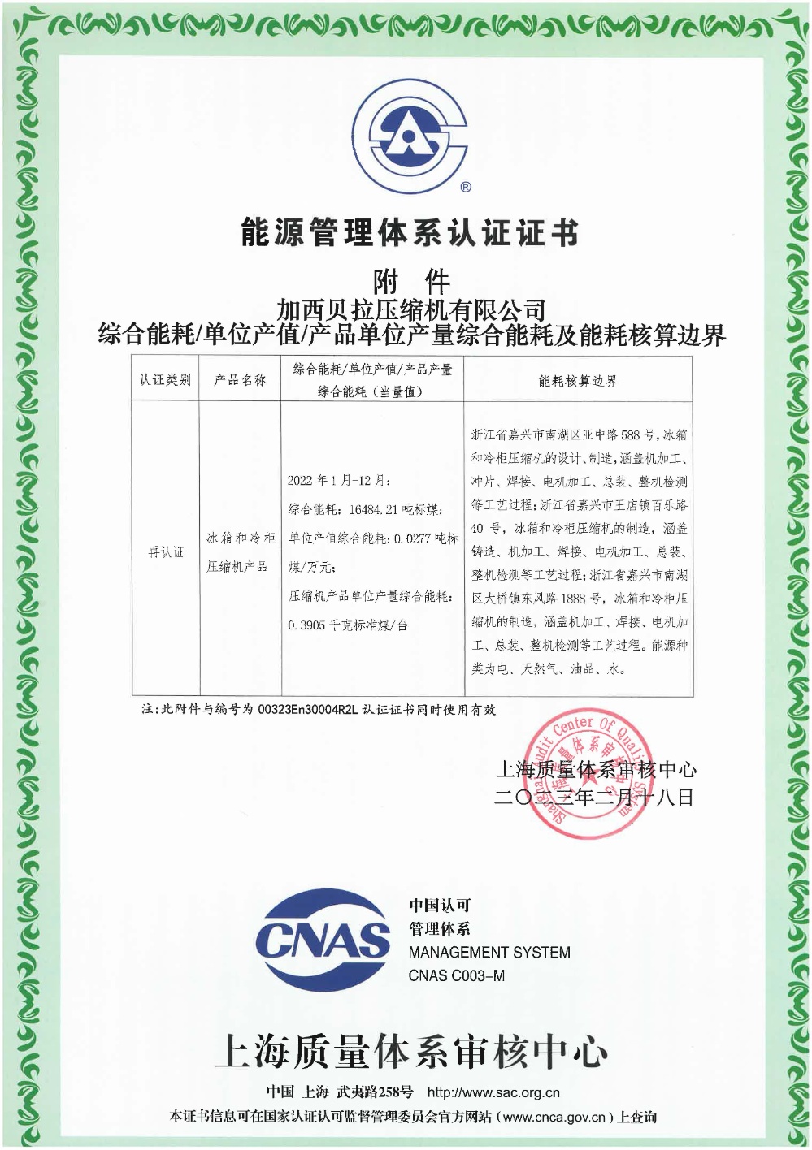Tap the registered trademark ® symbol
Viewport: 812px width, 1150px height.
click(466, 188)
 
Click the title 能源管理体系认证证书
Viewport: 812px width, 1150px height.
click(410, 233)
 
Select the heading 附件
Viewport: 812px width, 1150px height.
click(411, 282)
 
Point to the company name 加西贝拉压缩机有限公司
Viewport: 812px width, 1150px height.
click(410, 309)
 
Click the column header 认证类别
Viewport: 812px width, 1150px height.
click(166, 380)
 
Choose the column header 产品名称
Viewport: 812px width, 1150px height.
click(240, 380)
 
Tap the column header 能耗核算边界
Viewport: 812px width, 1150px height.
click(578, 380)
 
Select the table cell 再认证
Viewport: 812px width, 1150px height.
click(166, 552)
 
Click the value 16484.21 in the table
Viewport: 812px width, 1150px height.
click(373, 510)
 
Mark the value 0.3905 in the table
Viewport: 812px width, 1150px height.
click(306, 625)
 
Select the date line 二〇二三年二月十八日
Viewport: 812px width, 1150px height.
click(594, 798)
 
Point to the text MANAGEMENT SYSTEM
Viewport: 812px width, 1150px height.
click(489, 952)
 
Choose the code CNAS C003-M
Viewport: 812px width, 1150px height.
click(456, 975)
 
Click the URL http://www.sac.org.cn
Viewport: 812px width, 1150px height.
click(493, 1092)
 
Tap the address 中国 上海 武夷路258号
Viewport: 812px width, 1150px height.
click(340, 1092)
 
